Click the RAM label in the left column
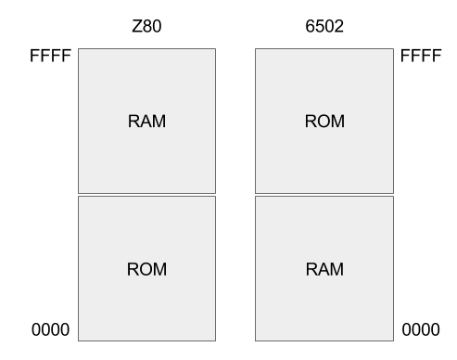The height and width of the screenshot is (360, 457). (x=146, y=122)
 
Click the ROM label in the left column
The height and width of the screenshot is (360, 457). (x=146, y=270)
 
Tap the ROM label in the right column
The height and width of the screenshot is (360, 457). (x=324, y=122)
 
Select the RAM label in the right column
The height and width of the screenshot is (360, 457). (x=324, y=270)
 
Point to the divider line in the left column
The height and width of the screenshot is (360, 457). (x=146, y=195)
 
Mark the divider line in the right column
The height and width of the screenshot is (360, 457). (x=324, y=195)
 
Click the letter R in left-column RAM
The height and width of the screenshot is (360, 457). (x=133, y=122)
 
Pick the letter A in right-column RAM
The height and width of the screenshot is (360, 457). (x=324, y=270)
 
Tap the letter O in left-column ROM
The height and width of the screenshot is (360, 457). (x=146, y=270)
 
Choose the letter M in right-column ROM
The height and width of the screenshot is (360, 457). (x=337, y=122)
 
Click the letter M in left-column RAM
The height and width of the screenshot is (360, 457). (x=159, y=122)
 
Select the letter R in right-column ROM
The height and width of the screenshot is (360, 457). (x=311, y=122)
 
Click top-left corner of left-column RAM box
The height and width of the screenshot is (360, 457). (x=79, y=49)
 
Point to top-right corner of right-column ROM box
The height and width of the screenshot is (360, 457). (x=393, y=49)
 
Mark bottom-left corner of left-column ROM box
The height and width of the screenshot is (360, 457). (x=79, y=341)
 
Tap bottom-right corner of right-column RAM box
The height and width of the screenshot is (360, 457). (x=393, y=341)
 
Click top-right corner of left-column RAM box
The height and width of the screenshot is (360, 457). (x=215, y=49)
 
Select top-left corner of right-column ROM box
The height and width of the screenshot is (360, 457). (x=256, y=49)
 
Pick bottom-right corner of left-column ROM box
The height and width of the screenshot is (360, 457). (x=215, y=341)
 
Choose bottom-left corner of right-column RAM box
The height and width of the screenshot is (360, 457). (x=256, y=341)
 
